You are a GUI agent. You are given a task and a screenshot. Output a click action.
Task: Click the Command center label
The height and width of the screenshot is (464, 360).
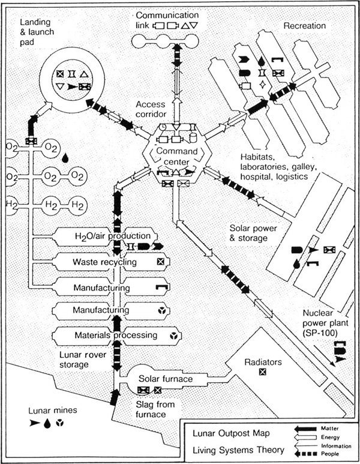click(x=177, y=156)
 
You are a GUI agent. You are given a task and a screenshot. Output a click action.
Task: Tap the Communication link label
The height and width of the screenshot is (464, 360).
click(x=167, y=20)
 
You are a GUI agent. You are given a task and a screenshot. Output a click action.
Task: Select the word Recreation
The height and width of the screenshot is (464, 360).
click(x=305, y=26)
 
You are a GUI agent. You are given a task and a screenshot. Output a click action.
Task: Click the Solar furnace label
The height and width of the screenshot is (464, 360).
click(x=166, y=379)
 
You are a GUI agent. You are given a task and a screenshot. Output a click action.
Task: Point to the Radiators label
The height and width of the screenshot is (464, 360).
click(x=263, y=362)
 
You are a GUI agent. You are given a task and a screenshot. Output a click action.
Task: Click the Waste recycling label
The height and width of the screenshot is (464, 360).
click(x=105, y=262)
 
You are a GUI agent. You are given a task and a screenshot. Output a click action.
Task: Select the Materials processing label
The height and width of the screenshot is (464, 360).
click(x=116, y=336)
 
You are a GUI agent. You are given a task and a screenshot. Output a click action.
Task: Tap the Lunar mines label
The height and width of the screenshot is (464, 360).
click(x=53, y=411)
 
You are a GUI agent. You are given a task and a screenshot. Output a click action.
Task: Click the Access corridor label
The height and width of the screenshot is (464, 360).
click(x=151, y=109)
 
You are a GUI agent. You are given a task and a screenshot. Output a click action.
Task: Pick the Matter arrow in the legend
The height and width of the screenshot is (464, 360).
click(x=305, y=429)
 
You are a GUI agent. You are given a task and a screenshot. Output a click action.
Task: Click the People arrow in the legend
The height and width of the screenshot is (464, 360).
click(x=305, y=454)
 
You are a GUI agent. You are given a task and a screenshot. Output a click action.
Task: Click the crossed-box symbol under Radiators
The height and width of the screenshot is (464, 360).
click(x=262, y=372)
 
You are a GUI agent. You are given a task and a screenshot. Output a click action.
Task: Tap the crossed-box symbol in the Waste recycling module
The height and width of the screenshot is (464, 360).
click(x=160, y=262)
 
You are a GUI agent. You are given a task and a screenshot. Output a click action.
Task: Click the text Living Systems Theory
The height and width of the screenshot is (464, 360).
click(x=239, y=450)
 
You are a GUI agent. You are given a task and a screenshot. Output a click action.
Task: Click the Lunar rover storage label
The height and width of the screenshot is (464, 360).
click(x=83, y=360)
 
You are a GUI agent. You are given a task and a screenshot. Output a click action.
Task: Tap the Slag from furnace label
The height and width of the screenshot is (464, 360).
click(x=155, y=409)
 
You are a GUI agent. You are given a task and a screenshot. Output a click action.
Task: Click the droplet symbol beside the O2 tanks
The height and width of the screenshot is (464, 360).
click(x=65, y=158)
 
